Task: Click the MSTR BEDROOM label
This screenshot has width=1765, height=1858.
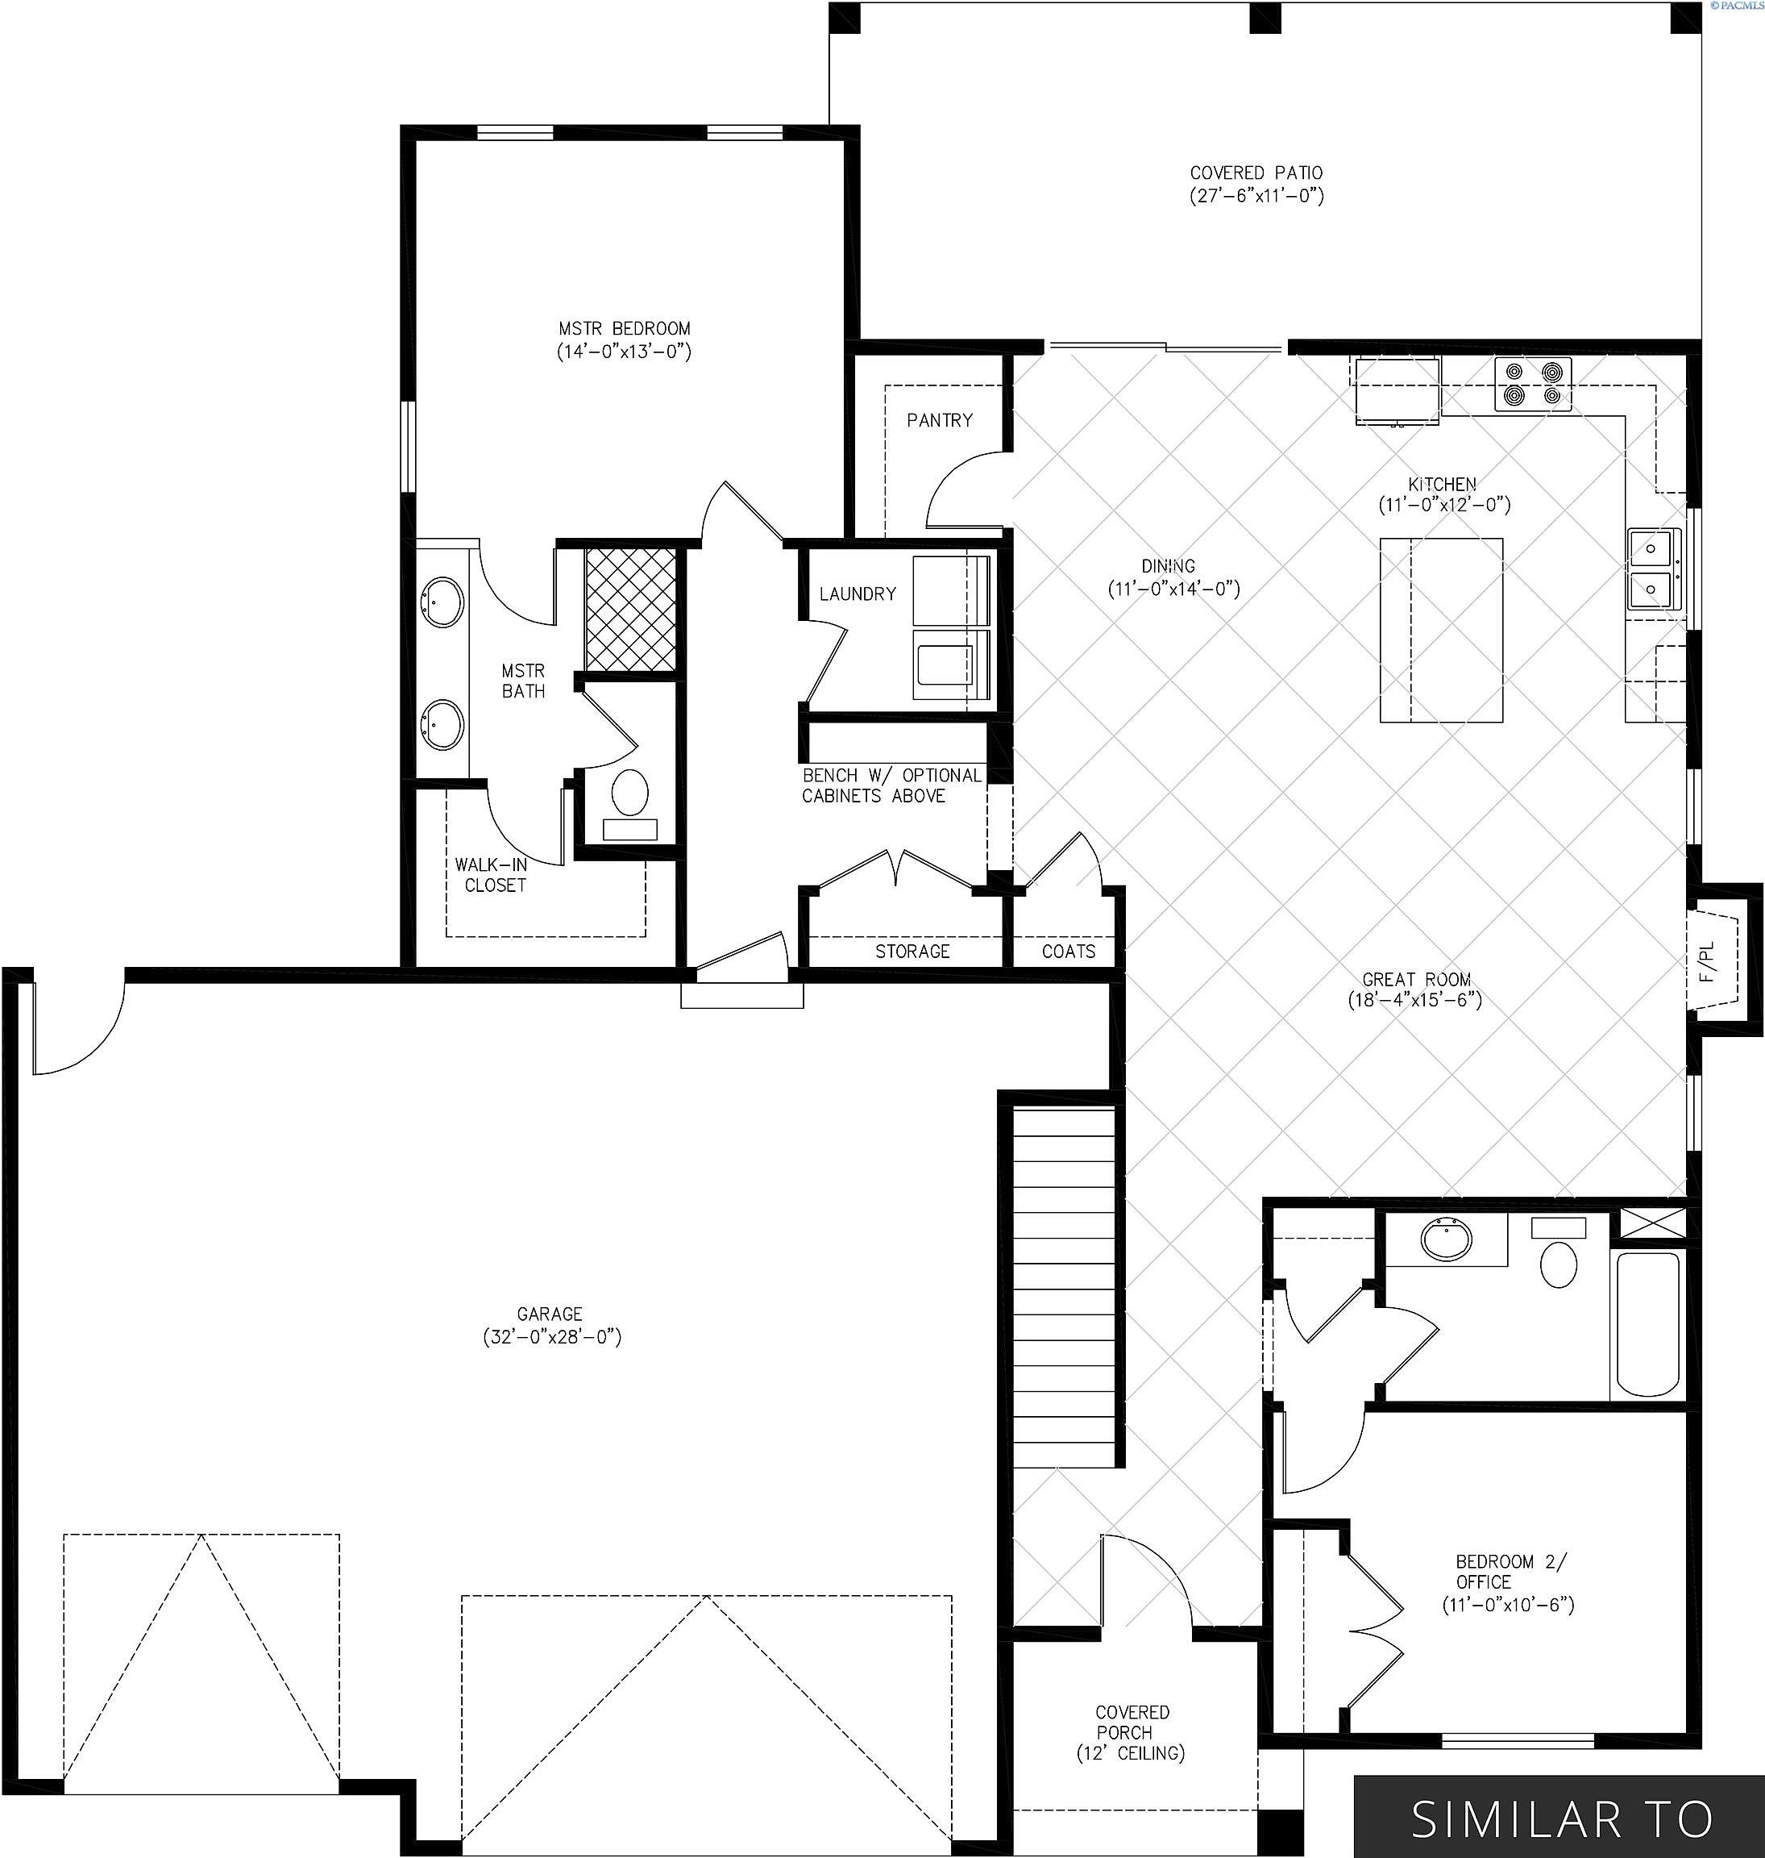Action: (x=625, y=328)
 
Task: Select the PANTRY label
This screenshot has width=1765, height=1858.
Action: (x=940, y=420)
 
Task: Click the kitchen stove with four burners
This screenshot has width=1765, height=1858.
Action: (x=1533, y=384)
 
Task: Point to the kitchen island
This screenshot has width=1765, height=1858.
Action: (x=1441, y=630)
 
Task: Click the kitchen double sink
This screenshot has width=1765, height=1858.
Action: (x=1654, y=570)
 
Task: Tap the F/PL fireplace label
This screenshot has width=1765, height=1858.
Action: (x=1708, y=962)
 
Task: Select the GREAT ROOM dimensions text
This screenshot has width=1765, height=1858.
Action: (x=1415, y=1000)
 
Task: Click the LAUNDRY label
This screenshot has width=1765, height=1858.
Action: (x=857, y=594)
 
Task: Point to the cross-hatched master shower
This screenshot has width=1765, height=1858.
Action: (x=630, y=609)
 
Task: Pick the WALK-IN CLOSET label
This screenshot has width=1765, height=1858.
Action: (x=493, y=874)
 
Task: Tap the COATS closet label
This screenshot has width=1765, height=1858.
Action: (x=1068, y=951)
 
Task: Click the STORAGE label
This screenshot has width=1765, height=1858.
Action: (x=912, y=951)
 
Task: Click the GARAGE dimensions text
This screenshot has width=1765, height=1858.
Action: (x=552, y=1336)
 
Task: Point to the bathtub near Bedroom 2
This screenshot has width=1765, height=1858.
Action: (x=1647, y=1324)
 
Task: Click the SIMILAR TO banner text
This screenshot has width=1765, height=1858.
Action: (x=1563, y=1819)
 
